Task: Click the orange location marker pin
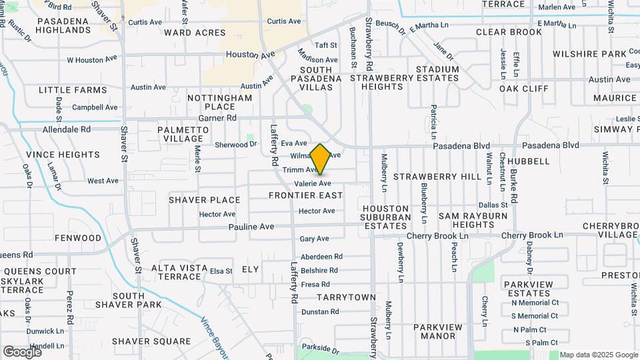(x=321, y=159)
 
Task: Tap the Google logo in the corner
(x=22, y=351)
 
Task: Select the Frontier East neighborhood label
(x=305, y=195)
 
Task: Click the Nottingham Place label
(x=219, y=102)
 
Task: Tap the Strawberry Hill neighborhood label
(x=437, y=177)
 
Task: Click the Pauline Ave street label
(x=251, y=227)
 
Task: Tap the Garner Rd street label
(x=222, y=118)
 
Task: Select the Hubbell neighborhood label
(x=528, y=161)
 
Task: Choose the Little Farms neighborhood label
(x=73, y=90)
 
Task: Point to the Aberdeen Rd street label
(x=321, y=256)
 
